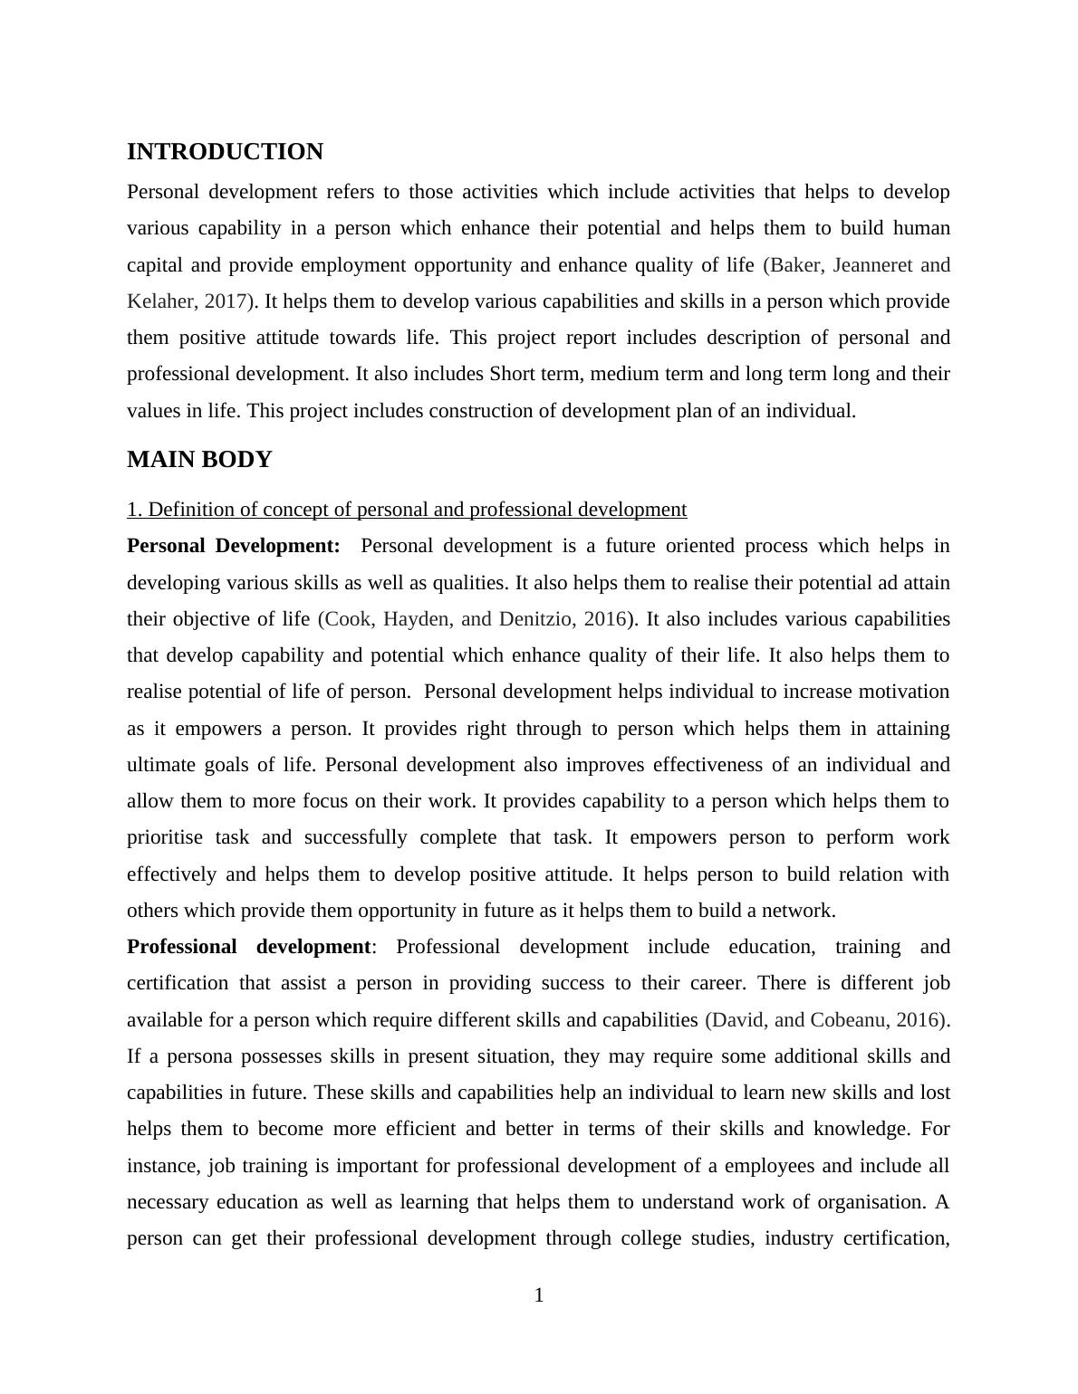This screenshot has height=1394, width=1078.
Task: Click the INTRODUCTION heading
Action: [225, 152]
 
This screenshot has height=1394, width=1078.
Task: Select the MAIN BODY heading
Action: [199, 460]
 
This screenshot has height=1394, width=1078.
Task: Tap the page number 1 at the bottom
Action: [539, 1295]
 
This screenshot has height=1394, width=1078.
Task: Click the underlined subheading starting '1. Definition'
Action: [407, 510]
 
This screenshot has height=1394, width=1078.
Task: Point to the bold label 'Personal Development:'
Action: [234, 546]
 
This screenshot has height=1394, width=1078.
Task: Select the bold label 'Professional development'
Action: [248, 947]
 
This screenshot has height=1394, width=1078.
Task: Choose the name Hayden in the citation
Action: [418, 619]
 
